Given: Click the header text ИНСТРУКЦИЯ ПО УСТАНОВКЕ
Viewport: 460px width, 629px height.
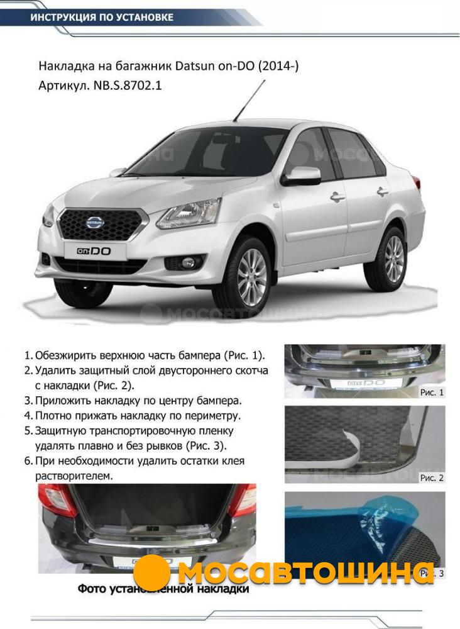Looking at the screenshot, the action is (102, 17).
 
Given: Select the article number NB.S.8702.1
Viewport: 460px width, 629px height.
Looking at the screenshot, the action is (128, 86).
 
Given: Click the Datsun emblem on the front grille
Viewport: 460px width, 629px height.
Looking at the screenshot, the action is (95, 222).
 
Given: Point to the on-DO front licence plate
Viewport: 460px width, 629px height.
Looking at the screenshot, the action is (95, 252).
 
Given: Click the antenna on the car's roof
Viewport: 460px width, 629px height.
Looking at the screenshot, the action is (249, 101).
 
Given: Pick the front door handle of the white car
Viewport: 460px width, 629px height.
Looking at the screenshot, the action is (337, 196).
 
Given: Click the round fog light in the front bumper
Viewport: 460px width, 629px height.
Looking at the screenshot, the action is (187, 263).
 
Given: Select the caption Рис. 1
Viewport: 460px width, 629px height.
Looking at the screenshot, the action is (432, 392).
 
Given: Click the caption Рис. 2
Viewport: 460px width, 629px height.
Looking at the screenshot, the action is (432, 478).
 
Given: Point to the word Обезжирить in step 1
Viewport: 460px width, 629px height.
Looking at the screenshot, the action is (66, 355).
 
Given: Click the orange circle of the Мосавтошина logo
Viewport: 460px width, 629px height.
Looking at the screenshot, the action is (151, 572).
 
